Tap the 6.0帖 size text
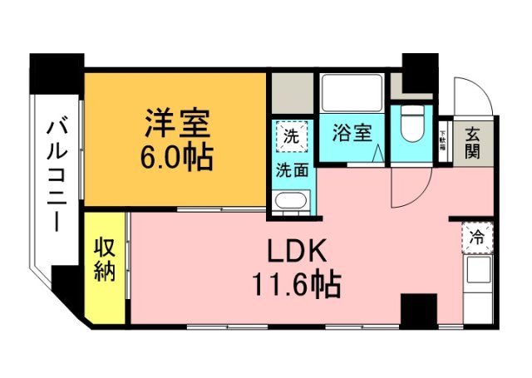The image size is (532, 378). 176,155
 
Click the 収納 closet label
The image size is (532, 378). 103,259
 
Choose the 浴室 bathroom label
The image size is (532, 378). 352,133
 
